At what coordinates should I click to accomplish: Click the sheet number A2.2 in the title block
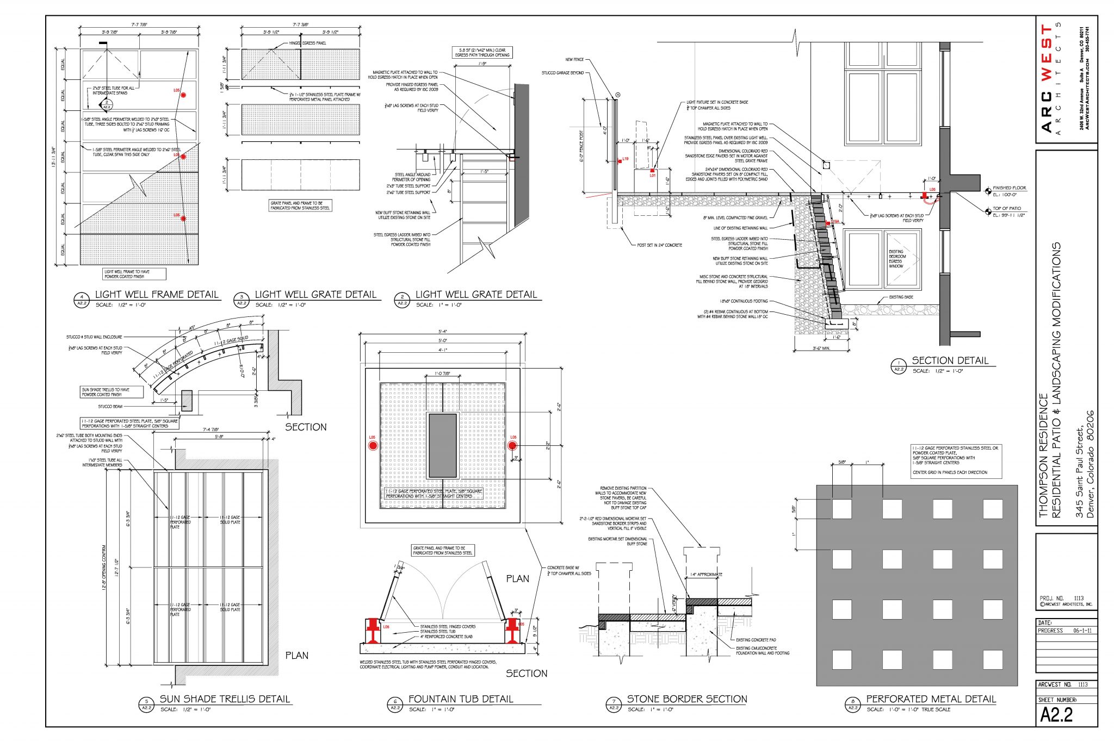[x=1056, y=714]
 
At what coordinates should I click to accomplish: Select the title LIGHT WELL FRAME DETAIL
[x=157, y=295]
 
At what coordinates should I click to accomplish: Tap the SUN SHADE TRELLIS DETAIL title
[x=225, y=699]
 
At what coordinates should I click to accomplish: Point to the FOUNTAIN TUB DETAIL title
[x=461, y=699]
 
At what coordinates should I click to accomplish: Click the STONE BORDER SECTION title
[x=687, y=699]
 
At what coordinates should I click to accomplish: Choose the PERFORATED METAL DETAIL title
[x=931, y=699]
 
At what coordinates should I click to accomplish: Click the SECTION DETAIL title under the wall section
[x=950, y=360]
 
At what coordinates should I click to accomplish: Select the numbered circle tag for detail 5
[x=146, y=705]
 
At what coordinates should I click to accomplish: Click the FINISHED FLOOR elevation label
[x=1009, y=188]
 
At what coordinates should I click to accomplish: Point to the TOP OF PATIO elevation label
[x=1006, y=209]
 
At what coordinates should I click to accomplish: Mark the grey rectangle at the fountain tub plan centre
[x=442, y=446]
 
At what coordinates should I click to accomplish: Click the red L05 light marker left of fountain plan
[x=373, y=446]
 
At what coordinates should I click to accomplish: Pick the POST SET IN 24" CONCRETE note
[x=659, y=245]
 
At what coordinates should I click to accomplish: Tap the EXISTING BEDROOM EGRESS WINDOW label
[x=896, y=259]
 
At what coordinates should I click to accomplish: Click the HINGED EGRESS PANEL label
[x=307, y=43]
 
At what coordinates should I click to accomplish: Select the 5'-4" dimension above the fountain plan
[x=442, y=332]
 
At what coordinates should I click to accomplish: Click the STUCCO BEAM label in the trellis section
[x=110, y=407]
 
